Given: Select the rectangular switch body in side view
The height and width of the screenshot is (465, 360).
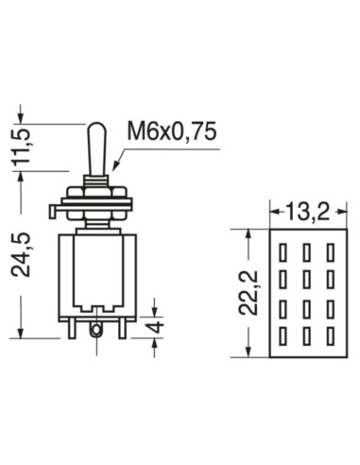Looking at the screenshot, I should click(x=94, y=274).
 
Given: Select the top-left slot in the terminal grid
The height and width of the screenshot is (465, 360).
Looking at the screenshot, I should click(x=283, y=252).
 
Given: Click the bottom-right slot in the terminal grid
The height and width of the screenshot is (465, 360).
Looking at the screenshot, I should click(x=329, y=335).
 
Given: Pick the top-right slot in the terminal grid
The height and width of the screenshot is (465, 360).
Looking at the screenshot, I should click(x=329, y=252).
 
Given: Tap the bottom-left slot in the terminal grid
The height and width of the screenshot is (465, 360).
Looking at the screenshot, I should click(x=283, y=335).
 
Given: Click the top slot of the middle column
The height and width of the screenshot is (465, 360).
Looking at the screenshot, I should click(x=306, y=252).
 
